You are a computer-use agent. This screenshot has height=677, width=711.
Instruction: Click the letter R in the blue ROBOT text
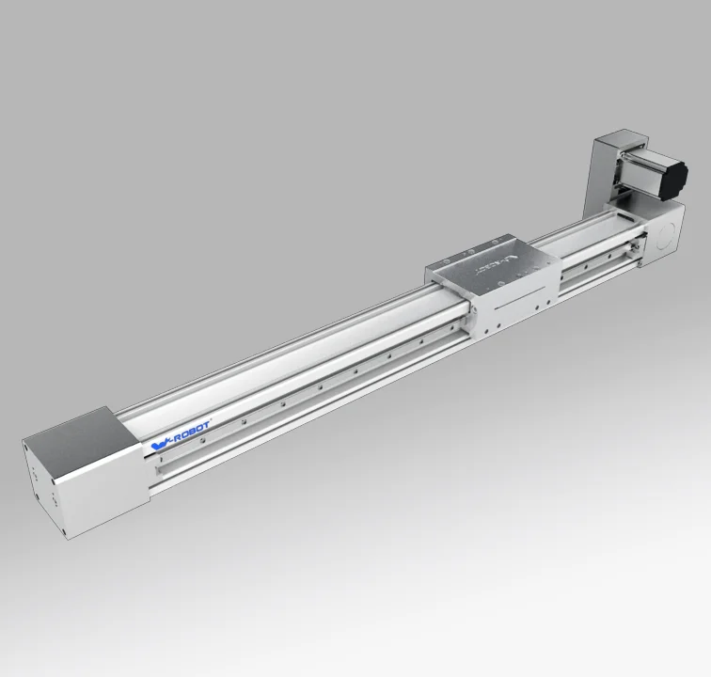174,433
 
